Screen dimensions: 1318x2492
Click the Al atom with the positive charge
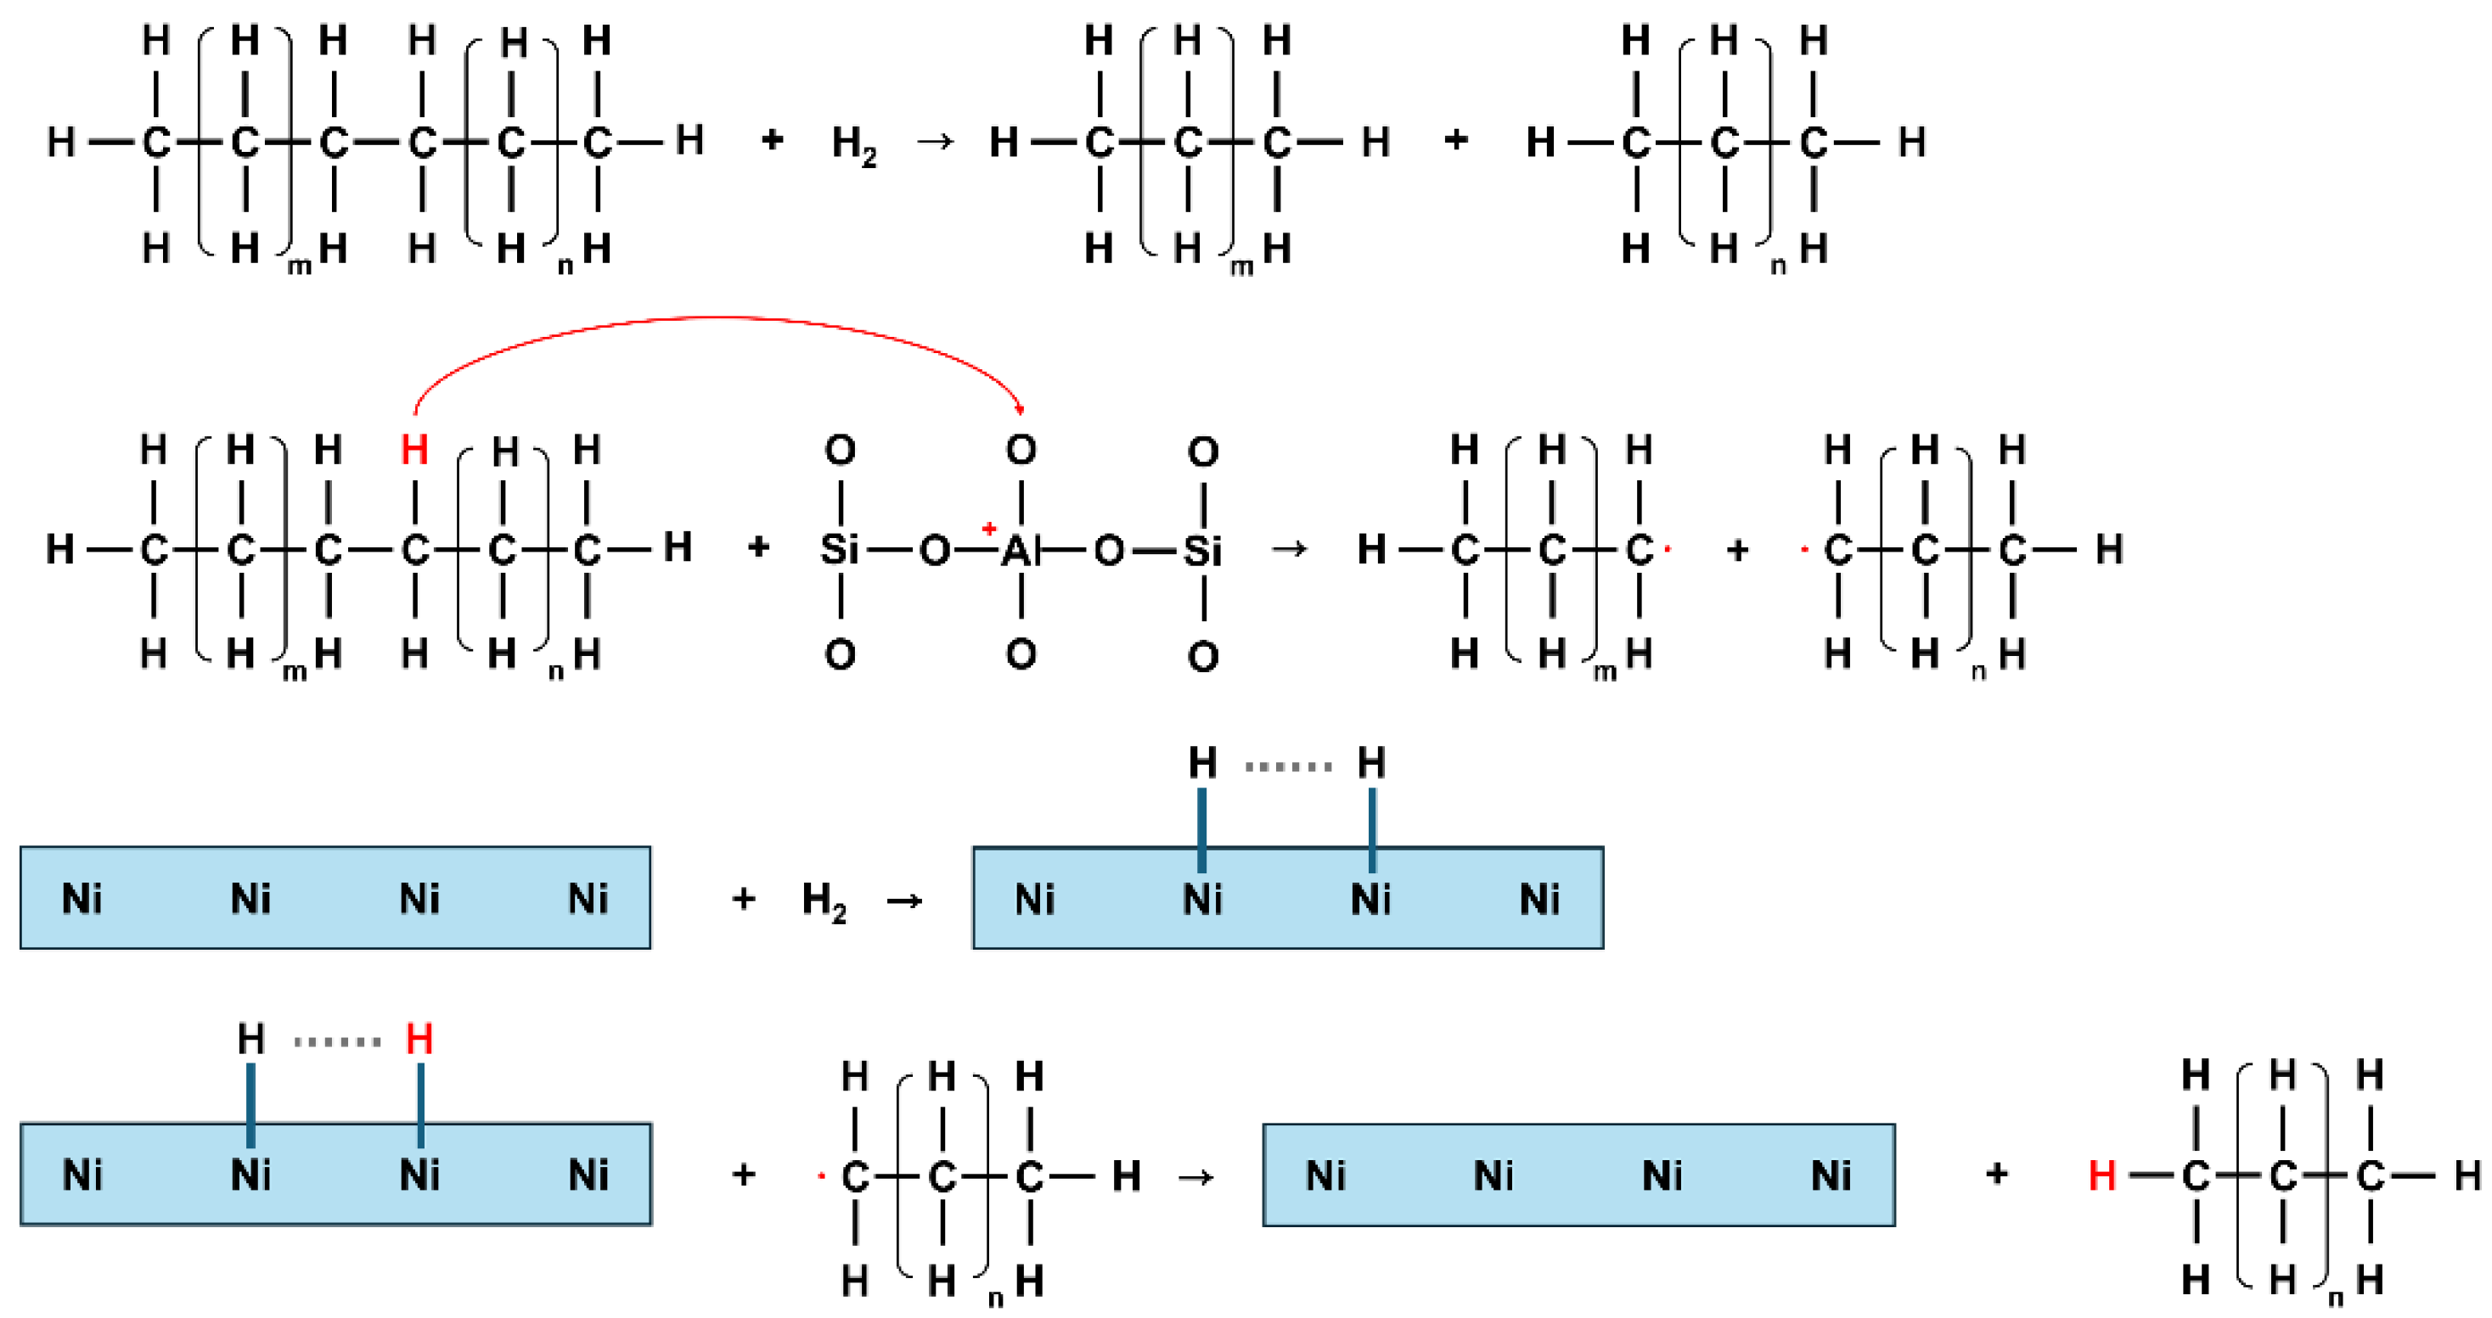point(1020,551)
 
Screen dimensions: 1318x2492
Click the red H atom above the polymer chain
point(414,451)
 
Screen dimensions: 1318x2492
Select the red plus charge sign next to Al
point(988,529)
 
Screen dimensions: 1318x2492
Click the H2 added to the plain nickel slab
point(824,901)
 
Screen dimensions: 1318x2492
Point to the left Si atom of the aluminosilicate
point(839,550)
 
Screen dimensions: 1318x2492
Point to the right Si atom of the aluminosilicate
point(1202,551)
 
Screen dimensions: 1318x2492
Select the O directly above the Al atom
point(1021,450)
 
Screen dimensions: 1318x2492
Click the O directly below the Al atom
point(1021,654)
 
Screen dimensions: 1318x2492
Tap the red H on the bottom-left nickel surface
point(419,1040)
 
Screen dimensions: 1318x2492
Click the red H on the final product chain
point(2101,1176)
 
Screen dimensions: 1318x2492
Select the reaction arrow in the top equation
point(935,142)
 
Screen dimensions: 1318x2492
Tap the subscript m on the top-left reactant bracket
point(300,266)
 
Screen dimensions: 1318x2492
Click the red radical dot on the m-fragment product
point(1668,550)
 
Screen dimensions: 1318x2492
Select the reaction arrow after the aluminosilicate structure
point(1289,549)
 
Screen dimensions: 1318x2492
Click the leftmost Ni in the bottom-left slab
point(82,1176)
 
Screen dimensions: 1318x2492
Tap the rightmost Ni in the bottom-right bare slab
point(1831,1176)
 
